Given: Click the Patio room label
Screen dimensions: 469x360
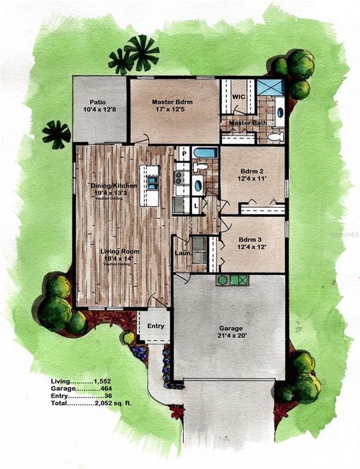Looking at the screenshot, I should click(98, 102).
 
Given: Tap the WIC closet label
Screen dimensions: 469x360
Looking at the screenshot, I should click(238, 96).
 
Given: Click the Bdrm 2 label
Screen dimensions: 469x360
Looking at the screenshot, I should click(251, 171).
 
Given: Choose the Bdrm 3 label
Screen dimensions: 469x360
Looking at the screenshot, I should click(251, 239).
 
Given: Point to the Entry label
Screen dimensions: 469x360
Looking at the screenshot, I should click(156, 326).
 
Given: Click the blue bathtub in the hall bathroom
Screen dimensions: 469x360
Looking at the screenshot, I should click(205, 154).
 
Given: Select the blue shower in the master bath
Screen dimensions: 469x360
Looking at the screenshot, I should click(270, 87).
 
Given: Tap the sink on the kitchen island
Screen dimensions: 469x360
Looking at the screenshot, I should click(152, 183).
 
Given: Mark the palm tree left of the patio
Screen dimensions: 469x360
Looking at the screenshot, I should click(57, 134).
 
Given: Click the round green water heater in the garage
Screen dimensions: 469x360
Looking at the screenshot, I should click(223, 280).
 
